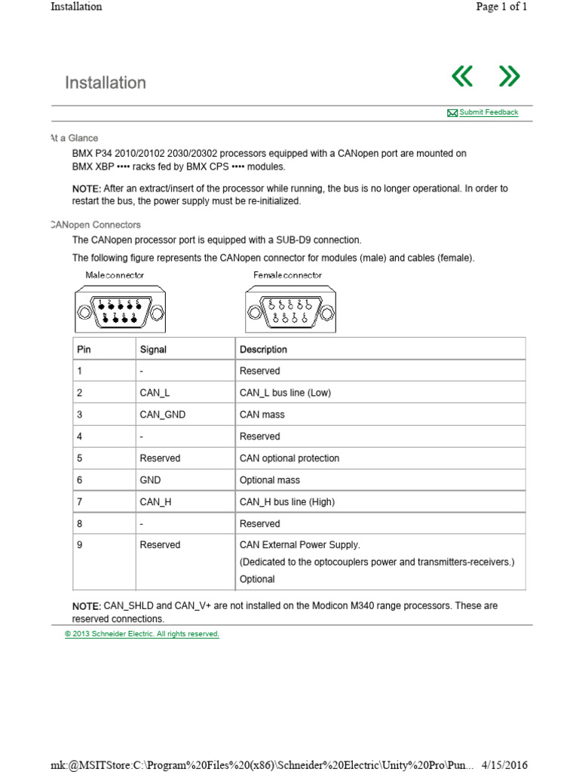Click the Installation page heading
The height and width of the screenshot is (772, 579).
[x=106, y=82]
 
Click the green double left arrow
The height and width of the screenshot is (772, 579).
[x=461, y=76]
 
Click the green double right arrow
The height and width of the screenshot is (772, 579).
[x=510, y=76]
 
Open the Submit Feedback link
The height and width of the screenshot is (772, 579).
[x=488, y=112]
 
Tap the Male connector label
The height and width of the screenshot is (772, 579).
[x=115, y=275]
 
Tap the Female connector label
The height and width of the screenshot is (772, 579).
[x=287, y=275]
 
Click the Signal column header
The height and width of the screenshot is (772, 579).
[x=153, y=349]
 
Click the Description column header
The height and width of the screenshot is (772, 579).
[x=263, y=349]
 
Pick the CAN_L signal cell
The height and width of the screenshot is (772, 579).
[x=155, y=393]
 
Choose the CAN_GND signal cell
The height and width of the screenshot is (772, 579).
[x=162, y=415]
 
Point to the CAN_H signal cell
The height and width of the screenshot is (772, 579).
[x=155, y=502]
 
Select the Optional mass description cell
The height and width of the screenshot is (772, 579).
[x=269, y=480]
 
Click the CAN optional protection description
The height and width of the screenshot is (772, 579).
[x=289, y=458]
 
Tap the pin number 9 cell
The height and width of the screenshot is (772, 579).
[x=80, y=545]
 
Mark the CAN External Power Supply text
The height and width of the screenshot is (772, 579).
[x=299, y=545]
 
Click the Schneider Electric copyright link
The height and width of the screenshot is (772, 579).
[x=142, y=634]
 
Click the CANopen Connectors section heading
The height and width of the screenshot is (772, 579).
[x=96, y=225]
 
